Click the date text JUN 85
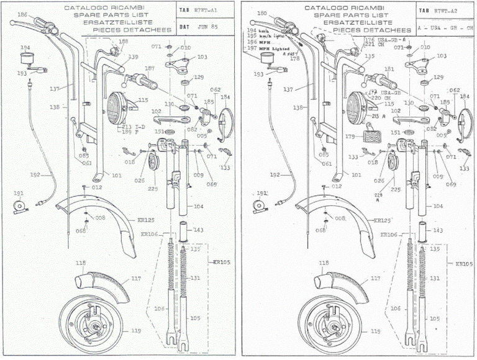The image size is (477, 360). pyautogui.click(x=206, y=27)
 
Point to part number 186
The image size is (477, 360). pyautogui.click(x=22, y=14)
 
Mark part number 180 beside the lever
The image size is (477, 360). pyautogui.click(x=261, y=14)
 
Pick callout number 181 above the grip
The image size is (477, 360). pyautogui.click(x=389, y=69)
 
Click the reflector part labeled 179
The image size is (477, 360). pyautogui.click(x=350, y=137)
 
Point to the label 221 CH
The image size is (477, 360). pyautogui.click(x=369, y=45)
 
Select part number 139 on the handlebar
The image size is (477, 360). pyautogui.click(x=134, y=56)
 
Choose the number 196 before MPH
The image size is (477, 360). pyautogui.click(x=252, y=42)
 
